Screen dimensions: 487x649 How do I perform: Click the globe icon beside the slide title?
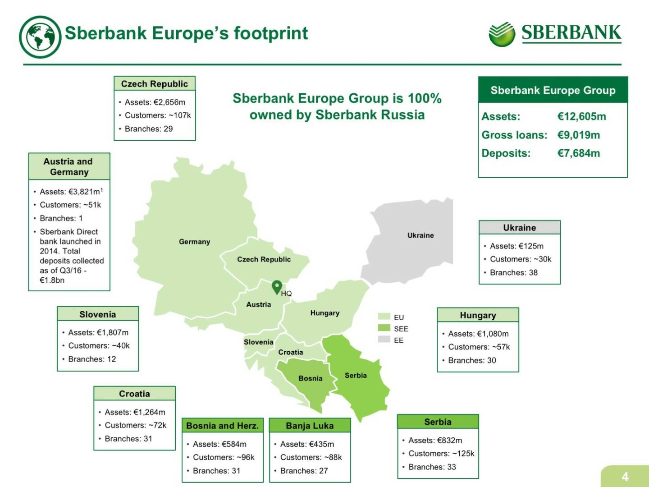click(40, 37)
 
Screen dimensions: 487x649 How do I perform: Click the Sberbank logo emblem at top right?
click(502, 34)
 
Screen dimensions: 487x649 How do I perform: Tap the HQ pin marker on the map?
click(277, 287)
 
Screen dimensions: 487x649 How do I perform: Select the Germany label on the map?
click(194, 242)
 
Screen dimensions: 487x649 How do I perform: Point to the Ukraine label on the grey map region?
click(420, 235)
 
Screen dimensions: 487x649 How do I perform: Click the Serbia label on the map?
click(356, 375)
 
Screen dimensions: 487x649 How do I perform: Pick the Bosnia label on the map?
click(311, 378)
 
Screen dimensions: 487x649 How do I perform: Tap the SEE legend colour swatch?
click(384, 328)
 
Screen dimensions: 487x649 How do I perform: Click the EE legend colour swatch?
click(384, 339)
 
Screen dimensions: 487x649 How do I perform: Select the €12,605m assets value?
click(581, 116)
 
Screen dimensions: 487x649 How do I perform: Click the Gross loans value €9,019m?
click(578, 135)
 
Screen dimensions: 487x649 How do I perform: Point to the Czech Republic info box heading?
click(155, 84)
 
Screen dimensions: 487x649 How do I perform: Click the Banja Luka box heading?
click(310, 426)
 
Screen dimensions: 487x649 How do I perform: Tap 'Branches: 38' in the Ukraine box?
click(513, 272)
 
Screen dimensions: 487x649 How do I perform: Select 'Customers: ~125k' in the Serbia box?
click(441, 454)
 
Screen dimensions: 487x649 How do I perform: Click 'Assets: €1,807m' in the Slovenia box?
click(98, 332)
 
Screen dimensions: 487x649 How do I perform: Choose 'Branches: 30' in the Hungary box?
click(472, 360)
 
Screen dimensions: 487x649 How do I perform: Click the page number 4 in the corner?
click(625, 477)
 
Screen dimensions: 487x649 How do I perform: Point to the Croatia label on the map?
click(291, 352)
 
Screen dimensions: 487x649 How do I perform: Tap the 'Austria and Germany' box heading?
click(69, 166)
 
